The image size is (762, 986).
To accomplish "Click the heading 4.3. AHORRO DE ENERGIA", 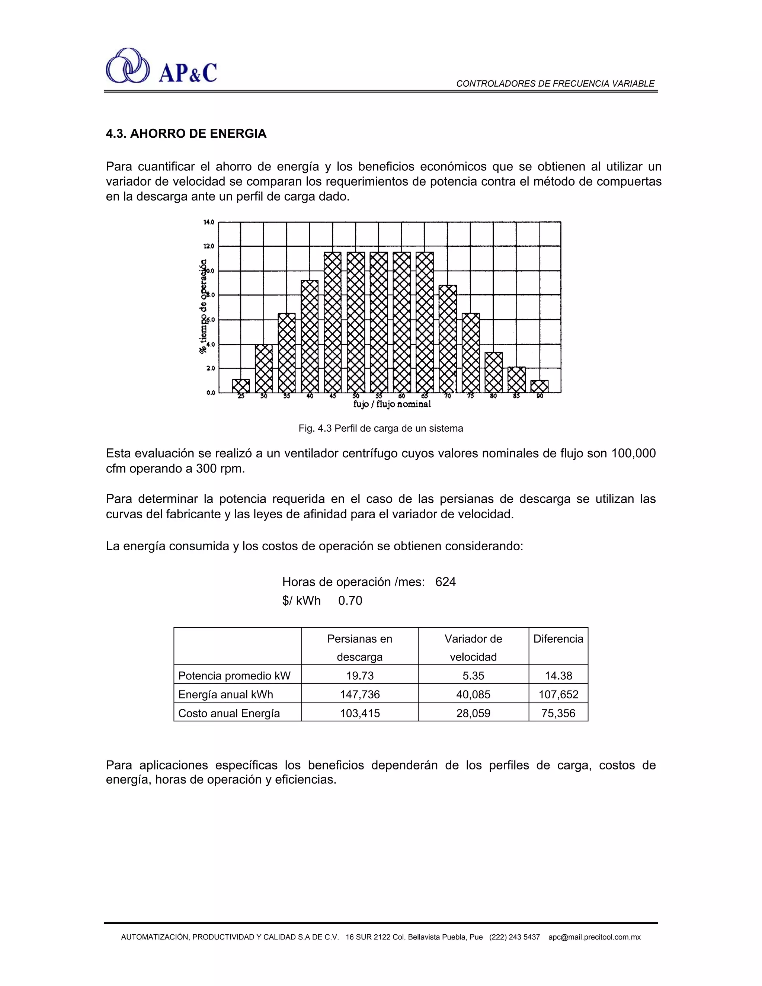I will [186, 134].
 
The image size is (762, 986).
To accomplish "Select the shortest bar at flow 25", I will [241, 386].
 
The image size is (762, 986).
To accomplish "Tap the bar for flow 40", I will [310, 336].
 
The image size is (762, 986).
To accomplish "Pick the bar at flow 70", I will [447, 339].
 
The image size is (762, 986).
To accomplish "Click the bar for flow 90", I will [539, 387].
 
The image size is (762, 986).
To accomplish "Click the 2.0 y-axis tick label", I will [210, 368].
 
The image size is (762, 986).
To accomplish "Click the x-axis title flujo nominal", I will [392, 404].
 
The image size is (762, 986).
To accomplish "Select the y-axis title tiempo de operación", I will [204, 307].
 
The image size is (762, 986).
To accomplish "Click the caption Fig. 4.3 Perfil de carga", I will [381, 428].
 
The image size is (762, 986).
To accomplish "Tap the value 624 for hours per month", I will [445, 582].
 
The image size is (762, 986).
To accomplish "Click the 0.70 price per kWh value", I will [350, 601].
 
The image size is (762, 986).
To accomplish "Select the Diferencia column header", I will [558, 639].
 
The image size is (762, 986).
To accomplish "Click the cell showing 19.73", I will [360, 676].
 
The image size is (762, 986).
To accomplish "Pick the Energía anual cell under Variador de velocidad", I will [473, 695].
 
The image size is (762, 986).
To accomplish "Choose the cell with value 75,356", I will [558, 714].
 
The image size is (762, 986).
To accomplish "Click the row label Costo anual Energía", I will [229, 714].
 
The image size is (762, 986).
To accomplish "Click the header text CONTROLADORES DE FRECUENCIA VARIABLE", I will [555, 83].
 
